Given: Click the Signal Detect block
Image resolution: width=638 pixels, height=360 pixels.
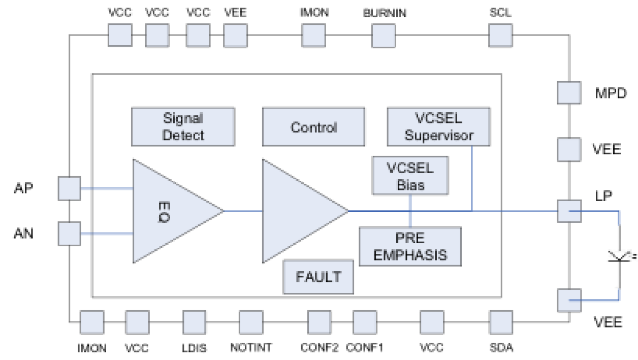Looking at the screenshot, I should (183, 126).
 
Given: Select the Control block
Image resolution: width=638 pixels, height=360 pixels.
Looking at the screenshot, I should (313, 127).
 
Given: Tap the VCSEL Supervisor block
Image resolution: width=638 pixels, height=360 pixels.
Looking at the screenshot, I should (439, 126).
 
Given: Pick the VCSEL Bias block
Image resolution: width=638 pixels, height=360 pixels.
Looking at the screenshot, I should (410, 175).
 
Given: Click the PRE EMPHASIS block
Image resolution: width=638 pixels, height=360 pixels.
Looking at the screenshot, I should (410, 246).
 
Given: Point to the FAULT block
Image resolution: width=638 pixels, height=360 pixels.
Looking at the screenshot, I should (318, 277).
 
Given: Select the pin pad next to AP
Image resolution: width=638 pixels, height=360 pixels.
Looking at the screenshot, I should (70, 188).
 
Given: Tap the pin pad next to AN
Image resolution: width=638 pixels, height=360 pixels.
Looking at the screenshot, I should (70, 234).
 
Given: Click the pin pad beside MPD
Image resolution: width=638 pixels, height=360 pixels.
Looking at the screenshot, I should (569, 93).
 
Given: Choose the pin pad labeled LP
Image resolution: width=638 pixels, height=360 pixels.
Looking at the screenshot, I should (569, 210).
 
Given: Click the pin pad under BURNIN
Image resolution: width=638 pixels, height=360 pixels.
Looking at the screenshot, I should (384, 36).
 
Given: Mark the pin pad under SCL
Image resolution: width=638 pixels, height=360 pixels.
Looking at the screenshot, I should (500, 36).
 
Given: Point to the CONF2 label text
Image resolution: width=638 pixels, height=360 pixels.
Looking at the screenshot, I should (320, 348).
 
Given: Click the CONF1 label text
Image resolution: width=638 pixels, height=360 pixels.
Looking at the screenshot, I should (364, 348).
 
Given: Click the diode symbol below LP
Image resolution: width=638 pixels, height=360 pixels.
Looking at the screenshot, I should (620, 256).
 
